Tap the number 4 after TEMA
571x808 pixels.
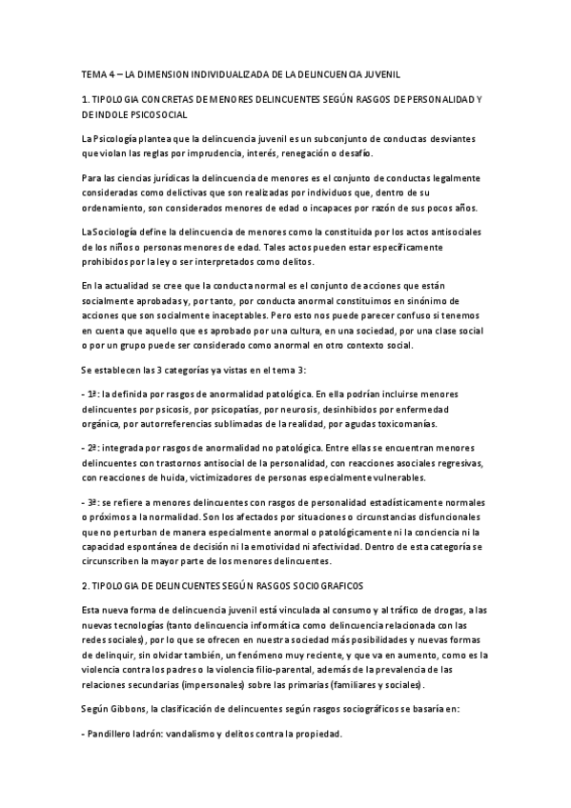click(111, 72)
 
